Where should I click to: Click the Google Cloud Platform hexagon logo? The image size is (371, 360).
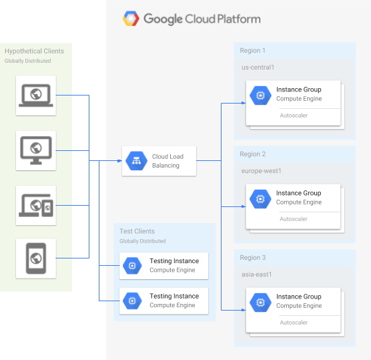[131, 19]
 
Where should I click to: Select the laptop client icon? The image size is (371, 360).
[36, 95]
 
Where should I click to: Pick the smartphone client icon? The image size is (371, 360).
[36, 258]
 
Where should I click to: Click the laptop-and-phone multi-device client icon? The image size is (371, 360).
[36, 205]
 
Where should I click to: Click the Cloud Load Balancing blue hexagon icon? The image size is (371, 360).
[136, 161]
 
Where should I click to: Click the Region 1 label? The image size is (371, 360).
[252, 51]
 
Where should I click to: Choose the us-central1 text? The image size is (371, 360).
[258, 67]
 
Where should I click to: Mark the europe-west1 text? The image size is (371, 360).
[261, 171]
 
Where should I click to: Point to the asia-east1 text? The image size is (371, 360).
[257, 275]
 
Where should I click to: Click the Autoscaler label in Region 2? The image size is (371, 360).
[294, 219]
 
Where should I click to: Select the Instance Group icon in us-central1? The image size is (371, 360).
[260, 94]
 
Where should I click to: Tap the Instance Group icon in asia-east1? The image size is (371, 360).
[260, 301]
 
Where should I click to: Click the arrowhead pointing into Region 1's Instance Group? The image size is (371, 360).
[242, 104]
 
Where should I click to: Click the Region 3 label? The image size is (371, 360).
[253, 258]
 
